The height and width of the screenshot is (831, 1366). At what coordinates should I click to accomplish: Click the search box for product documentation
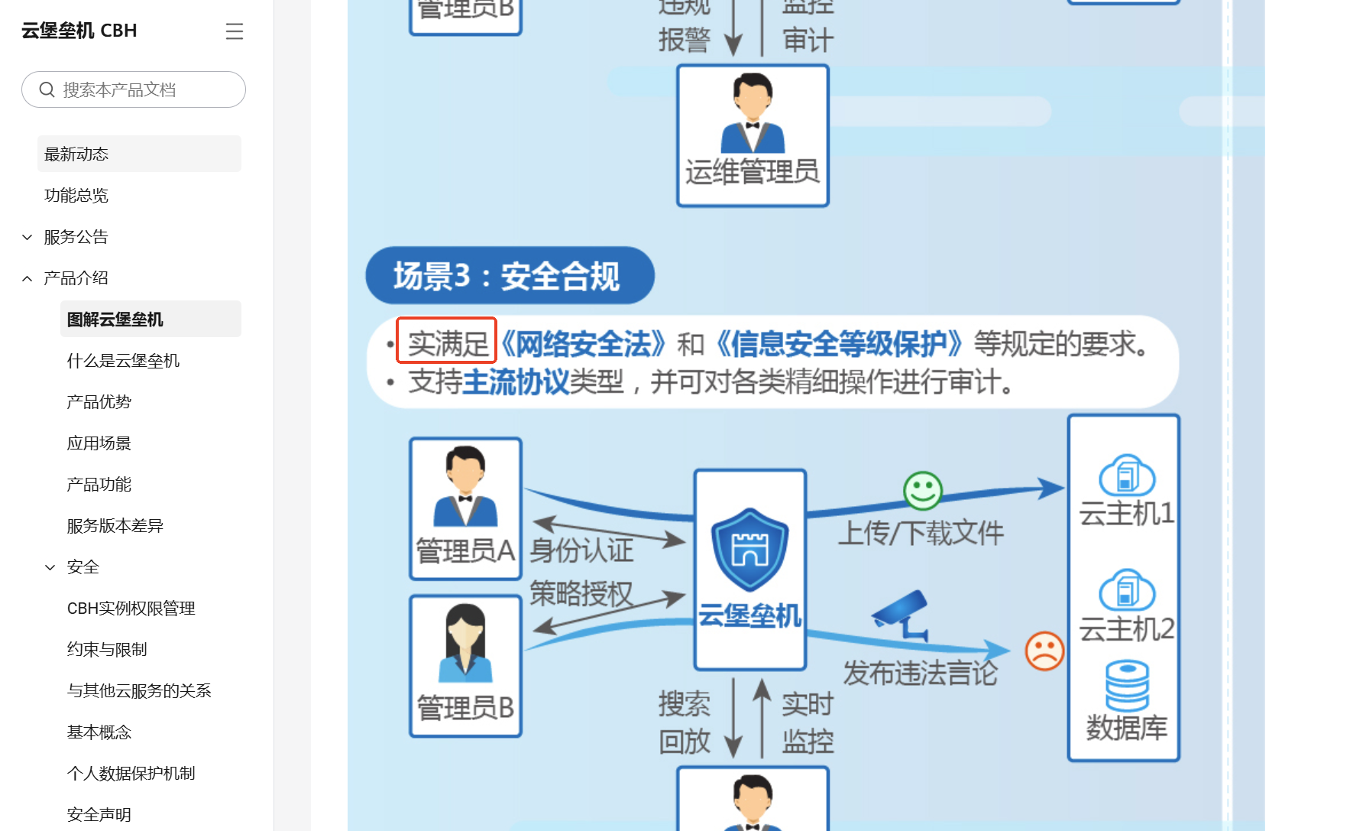134,90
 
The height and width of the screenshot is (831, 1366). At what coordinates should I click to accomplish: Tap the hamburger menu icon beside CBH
235,31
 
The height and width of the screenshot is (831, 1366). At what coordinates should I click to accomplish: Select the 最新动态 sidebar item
76,154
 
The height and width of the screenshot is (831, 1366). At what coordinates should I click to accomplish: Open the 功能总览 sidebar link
76,196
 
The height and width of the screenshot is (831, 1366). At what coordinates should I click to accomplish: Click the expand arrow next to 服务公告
28,237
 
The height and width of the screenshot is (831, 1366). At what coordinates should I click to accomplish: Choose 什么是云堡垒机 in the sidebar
123,361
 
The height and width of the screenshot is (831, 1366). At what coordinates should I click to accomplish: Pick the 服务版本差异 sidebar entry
115,526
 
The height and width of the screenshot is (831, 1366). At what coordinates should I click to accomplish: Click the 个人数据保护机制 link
131,774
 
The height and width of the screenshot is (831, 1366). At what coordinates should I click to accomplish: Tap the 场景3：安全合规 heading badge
510,276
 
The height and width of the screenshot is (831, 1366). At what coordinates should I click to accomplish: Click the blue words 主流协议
516,382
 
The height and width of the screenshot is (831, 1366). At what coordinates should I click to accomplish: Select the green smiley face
923,491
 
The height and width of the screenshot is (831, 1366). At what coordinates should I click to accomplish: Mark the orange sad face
1044,651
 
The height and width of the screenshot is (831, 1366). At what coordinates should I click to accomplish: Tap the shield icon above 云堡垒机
749,549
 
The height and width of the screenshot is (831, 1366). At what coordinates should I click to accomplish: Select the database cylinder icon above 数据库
1127,685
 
